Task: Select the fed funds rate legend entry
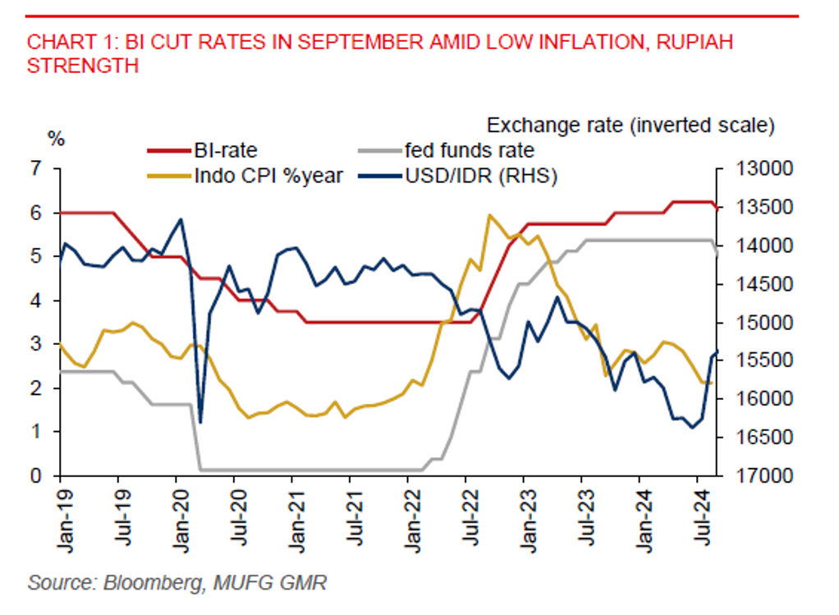click(469, 150)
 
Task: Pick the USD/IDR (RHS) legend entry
click(481, 174)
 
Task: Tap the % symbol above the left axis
click(57, 138)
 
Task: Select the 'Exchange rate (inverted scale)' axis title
click(630, 126)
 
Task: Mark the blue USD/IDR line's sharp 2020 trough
click(200, 422)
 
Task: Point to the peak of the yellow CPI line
click(489, 216)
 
